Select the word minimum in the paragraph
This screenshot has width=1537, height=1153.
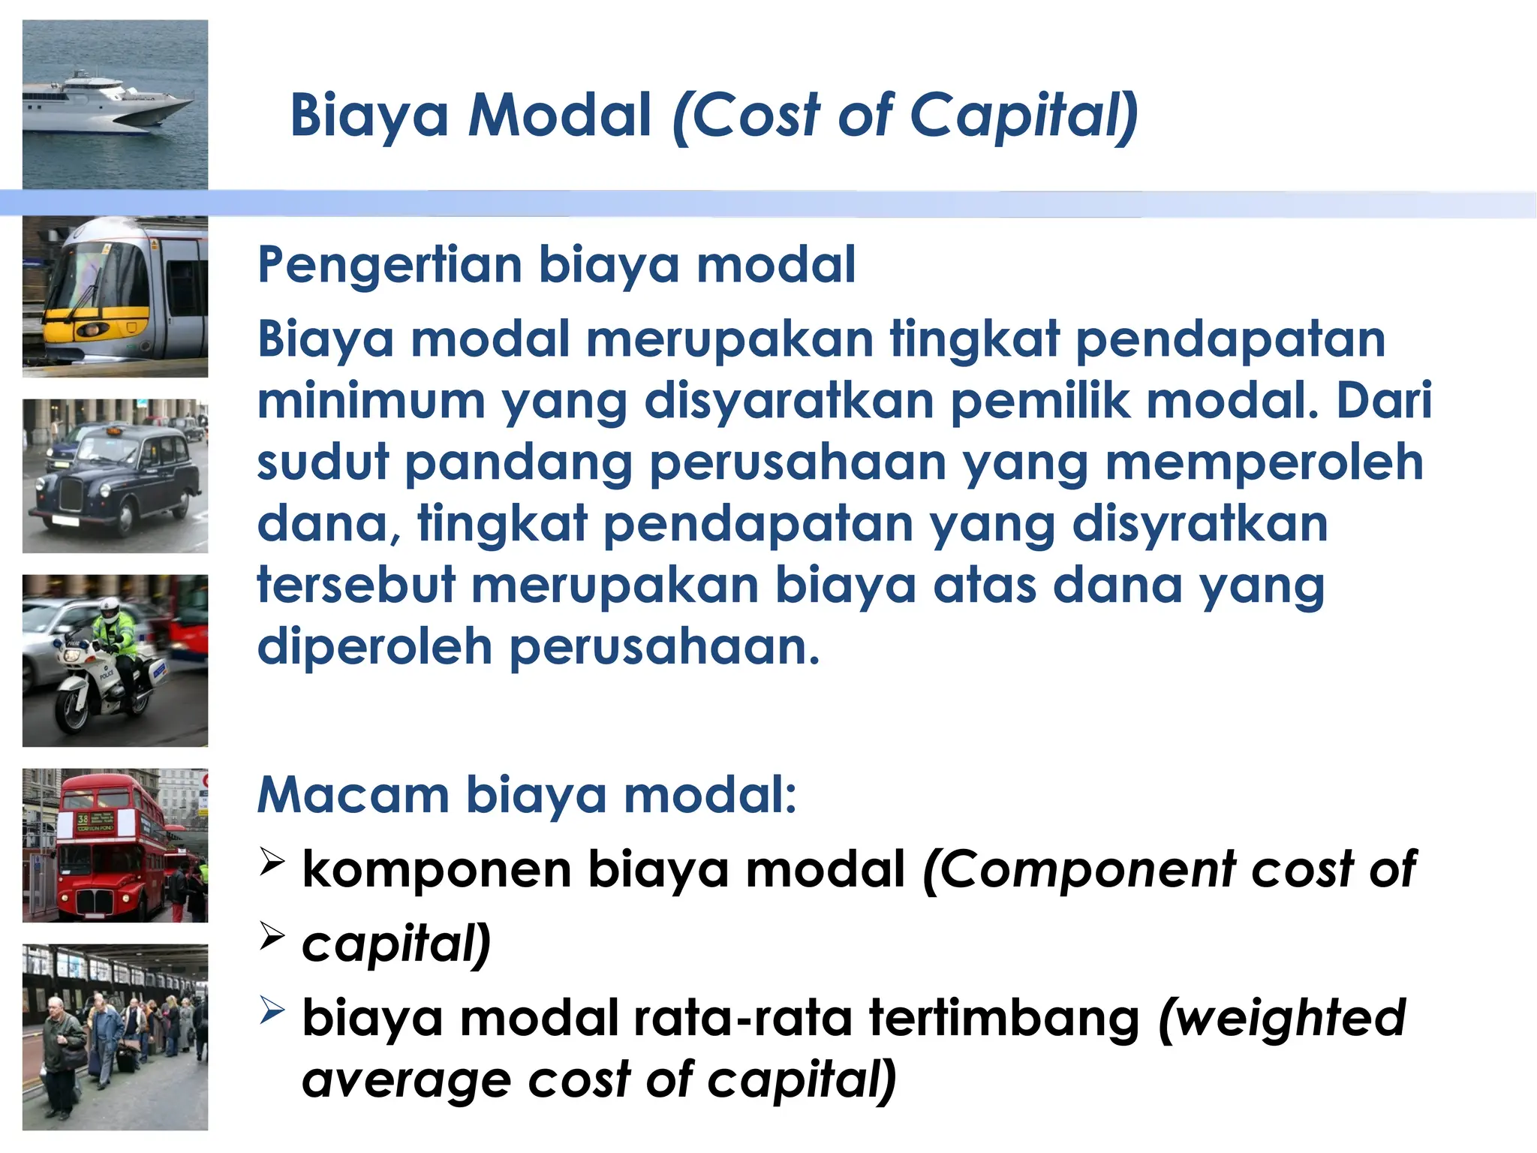click(371, 401)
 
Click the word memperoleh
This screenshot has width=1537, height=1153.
click(1264, 462)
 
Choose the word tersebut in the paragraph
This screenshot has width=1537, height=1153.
click(356, 585)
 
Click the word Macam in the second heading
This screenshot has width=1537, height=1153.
click(353, 795)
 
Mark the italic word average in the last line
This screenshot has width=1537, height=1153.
click(406, 1080)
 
